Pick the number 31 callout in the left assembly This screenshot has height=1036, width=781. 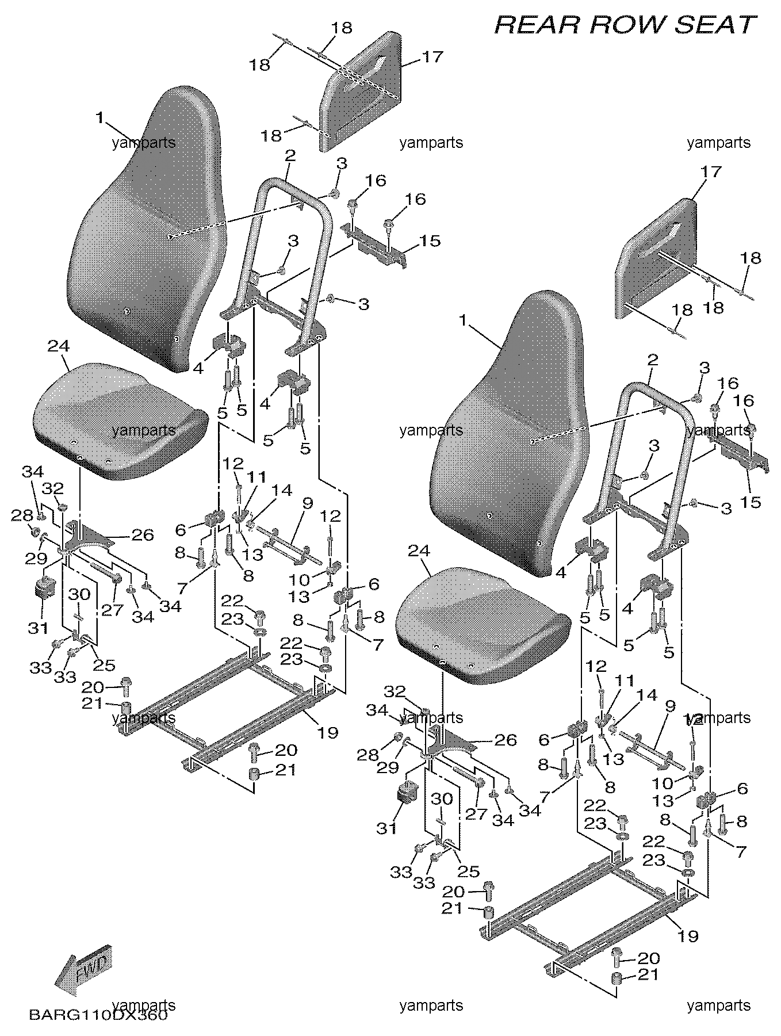coord(39,628)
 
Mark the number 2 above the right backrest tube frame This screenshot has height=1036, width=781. coord(652,361)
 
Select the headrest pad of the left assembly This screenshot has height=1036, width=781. coord(362,86)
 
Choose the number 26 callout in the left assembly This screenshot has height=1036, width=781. coord(143,535)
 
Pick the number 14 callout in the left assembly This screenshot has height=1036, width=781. coord(282,490)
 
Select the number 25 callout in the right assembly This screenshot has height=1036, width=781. coord(469,871)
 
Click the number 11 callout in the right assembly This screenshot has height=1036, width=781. coord(625,682)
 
